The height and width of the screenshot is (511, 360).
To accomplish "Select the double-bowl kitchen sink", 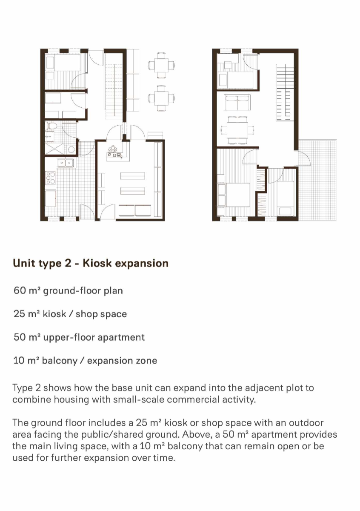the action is pos(66,163).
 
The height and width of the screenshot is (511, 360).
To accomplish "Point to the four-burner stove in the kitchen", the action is pos(51,178).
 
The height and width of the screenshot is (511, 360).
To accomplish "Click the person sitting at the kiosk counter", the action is pos(112,149).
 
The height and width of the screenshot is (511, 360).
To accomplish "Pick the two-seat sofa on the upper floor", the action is pos(237,103).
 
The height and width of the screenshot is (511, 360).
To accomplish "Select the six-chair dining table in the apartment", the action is pos(237,130).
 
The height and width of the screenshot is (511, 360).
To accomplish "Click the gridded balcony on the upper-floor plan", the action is pos(317,180).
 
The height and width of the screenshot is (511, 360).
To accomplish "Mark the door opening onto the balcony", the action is pos(303,158).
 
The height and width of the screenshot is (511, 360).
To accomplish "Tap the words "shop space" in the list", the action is pos(101,314).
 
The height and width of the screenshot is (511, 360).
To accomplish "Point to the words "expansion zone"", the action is pos(122,361).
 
